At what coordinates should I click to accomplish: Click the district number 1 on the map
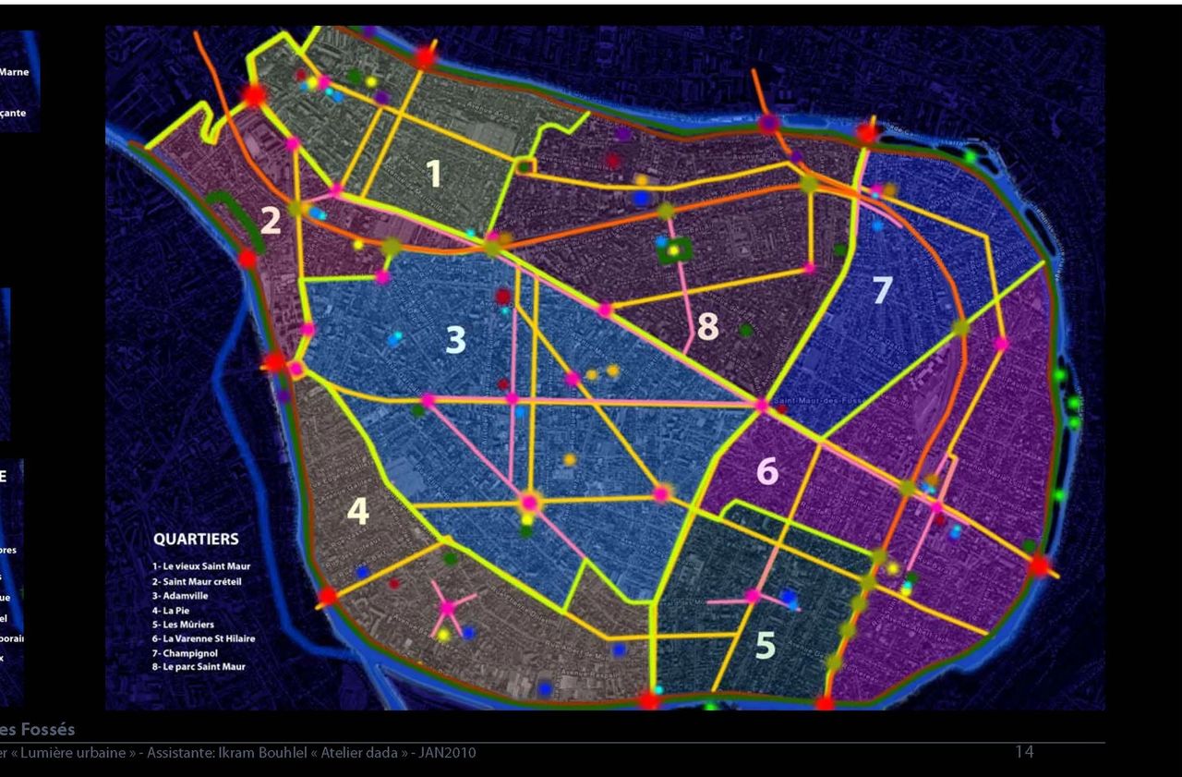pyautogui.click(x=434, y=174)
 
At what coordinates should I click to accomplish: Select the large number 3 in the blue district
pyautogui.click(x=455, y=340)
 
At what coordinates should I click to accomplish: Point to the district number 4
pyautogui.click(x=357, y=511)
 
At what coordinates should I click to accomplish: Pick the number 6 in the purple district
pyautogui.click(x=767, y=471)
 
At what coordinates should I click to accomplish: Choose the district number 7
pyautogui.click(x=882, y=290)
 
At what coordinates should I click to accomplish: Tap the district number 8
pyautogui.click(x=707, y=327)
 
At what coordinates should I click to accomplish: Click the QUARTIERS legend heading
pyautogui.click(x=196, y=540)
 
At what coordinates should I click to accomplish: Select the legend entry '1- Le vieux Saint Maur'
pyautogui.click(x=201, y=566)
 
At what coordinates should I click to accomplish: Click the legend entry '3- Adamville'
pyautogui.click(x=180, y=596)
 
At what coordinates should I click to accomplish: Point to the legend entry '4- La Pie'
pyautogui.click(x=171, y=611)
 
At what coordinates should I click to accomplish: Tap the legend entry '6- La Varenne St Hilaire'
pyautogui.click(x=204, y=638)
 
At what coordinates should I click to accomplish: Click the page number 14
pyautogui.click(x=1024, y=752)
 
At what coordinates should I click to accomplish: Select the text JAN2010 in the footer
pyautogui.click(x=448, y=753)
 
